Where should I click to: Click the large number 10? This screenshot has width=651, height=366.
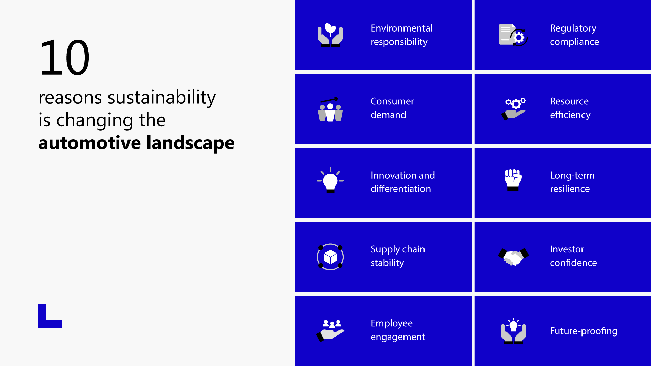[64, 58]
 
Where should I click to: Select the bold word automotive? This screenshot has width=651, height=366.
[89, 143]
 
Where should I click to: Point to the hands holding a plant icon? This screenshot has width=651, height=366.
[330, 35]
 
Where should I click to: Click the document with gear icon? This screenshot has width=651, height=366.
[513, 35]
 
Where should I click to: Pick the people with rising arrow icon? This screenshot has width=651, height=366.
[330, 109]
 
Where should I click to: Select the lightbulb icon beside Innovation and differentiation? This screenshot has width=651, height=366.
[330, 181]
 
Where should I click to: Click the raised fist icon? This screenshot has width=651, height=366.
[513, 180]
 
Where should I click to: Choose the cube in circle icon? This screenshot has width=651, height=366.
[330, 257]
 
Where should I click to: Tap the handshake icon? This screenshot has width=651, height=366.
[513, 257]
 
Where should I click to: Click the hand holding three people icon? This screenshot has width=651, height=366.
[330, 330]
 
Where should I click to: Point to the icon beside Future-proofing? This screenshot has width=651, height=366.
[513, 331]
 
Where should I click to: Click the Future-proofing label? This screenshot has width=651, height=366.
[584, 331]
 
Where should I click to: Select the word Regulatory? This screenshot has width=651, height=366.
[573, 28]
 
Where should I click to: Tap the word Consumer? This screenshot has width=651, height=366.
[392, 101]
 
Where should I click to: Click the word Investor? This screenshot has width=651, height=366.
[567, 249]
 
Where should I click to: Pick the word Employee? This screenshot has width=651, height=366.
[391, 323]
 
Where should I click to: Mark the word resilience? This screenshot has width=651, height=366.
[570, 189]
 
